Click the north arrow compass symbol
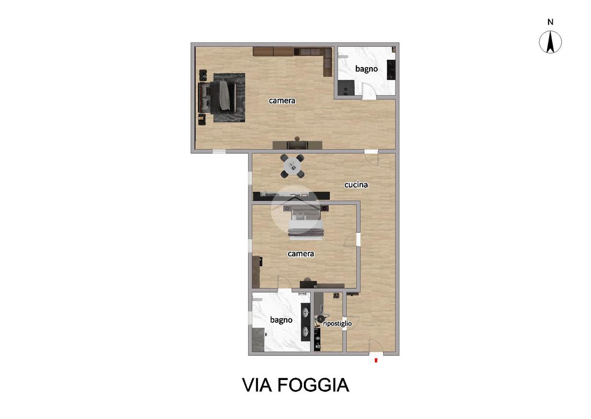[550, 42]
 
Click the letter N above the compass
[550, 22]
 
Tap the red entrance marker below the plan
[376, 360]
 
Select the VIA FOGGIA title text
[295, 385]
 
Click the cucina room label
[356, 185]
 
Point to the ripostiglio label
[337, 323]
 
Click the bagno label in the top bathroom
[366, 69]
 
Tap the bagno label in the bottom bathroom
[281, 320]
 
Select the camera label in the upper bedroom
[282, 101]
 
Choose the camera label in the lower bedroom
[301, 254]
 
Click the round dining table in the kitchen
[293, 166]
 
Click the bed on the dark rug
[217, 98]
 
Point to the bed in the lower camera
[306, 223]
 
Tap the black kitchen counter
[291, 196]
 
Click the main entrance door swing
[376, 346]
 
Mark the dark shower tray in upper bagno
[346, 87]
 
